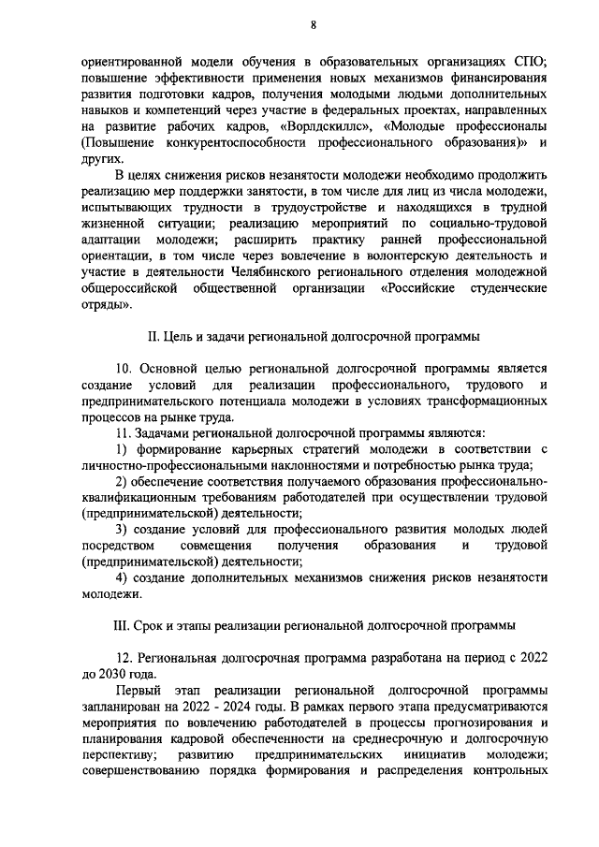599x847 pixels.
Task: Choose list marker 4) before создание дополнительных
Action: tap(122, 577)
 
